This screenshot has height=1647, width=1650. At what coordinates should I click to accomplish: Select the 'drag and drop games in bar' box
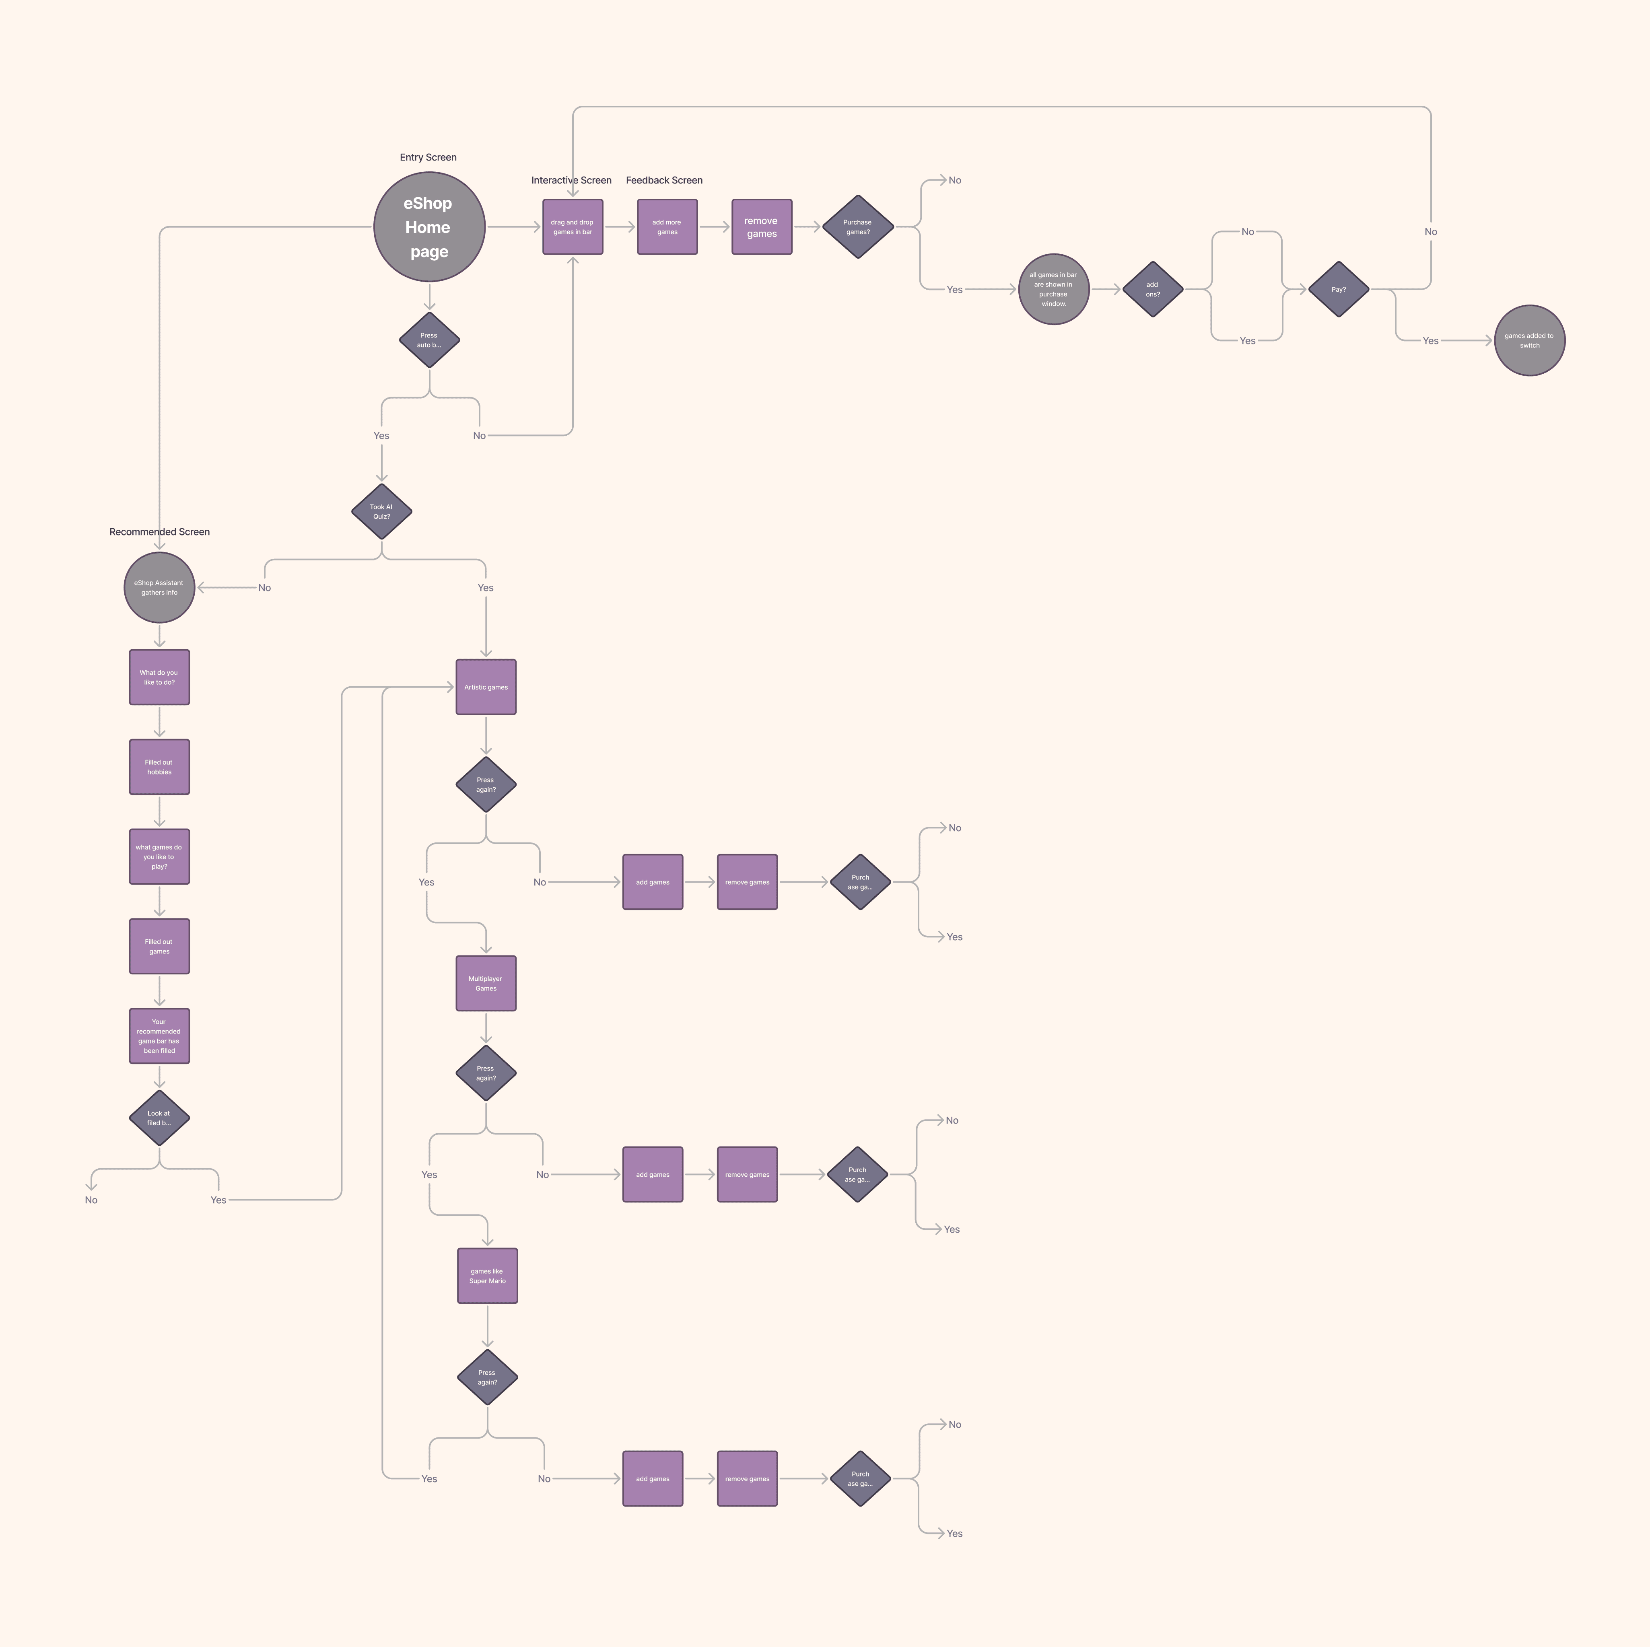coord(572,227)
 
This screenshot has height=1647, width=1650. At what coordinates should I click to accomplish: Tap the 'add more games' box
coord(667,227)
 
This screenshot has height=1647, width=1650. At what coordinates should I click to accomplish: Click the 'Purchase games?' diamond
coord(857,227)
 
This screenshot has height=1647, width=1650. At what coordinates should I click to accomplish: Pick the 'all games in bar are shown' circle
coord(1053,289)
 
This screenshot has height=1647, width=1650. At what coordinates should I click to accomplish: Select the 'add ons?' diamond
coord(1152,289)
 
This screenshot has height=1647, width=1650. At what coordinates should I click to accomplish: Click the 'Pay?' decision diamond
coord(1338,289)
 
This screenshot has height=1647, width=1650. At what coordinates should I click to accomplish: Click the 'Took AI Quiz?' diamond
coord(382,511)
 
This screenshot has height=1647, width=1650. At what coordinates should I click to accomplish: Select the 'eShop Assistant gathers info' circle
coord(159,587)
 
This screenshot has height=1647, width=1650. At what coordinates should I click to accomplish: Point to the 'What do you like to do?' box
coord(159,677)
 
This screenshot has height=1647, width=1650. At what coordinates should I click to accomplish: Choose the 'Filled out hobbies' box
coord(159,767)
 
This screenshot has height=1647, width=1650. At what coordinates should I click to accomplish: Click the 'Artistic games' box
coord(486,687)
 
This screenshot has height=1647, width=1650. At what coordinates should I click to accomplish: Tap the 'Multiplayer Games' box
coord(486,984)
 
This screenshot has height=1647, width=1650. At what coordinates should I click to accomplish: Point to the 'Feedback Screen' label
coord(663,180)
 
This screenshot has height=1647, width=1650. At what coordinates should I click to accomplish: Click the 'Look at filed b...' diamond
coord(159,1118)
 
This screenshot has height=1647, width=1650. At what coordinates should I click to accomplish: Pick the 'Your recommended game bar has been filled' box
coord(159,1036)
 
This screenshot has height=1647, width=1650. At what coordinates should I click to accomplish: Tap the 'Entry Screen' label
coord(428,157)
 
